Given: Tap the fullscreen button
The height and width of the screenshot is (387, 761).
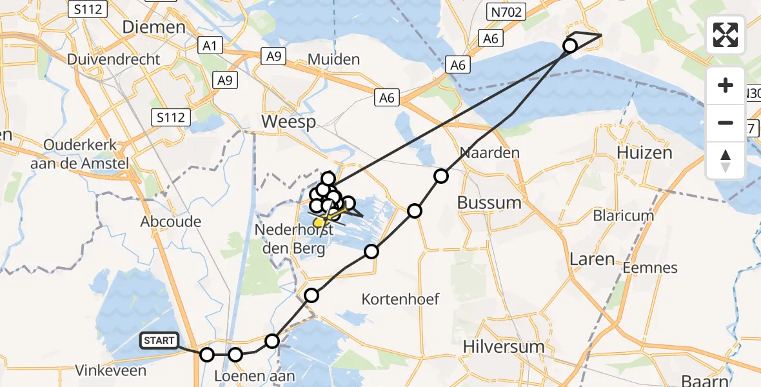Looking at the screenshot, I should [726, 35].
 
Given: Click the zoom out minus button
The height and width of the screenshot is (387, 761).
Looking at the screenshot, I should [726, 123].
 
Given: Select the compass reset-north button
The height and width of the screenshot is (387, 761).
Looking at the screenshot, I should [726, 161].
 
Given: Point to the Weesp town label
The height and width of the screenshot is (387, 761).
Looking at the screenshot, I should [288, 122].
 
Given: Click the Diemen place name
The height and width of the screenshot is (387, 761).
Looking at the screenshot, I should [154, 27].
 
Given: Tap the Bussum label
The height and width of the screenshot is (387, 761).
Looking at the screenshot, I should [489, 203].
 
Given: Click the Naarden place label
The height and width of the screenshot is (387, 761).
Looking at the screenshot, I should [489, 154].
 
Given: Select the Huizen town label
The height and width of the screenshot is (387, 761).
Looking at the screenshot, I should [644, 153].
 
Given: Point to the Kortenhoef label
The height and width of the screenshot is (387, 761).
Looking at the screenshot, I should [400, 299].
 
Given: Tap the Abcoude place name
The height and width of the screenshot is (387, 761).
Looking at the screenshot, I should [171, 221].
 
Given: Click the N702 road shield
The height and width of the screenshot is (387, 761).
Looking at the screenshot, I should [507, 11].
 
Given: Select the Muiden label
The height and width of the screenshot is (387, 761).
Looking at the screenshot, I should [333, 60].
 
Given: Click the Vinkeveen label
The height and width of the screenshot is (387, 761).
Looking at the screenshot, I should [110, 370].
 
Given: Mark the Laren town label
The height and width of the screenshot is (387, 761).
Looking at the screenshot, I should [592, 259].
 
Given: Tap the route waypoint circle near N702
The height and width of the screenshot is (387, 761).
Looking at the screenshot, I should [570, 46].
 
